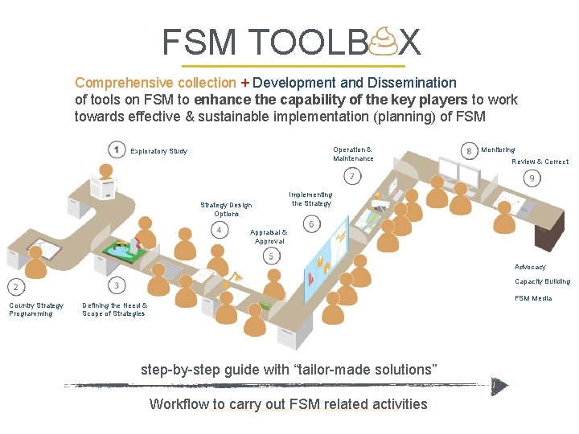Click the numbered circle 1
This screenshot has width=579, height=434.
coord(117,150)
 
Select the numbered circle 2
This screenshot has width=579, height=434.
coord(16,286)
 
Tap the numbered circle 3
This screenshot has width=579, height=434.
coord(117,285)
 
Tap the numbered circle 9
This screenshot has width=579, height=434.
coord(532,177)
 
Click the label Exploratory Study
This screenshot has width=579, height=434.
coord(158,151)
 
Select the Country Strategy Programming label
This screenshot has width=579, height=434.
coord(36,309)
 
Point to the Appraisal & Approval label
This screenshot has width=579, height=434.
coord(269,237)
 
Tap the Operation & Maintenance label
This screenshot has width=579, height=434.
coord(353,154)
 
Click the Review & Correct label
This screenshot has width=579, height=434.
coord(540,162)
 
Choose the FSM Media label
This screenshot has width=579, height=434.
coord(533,298)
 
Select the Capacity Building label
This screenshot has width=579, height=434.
coord(542,281)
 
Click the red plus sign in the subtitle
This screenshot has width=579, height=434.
coord(244,83)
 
